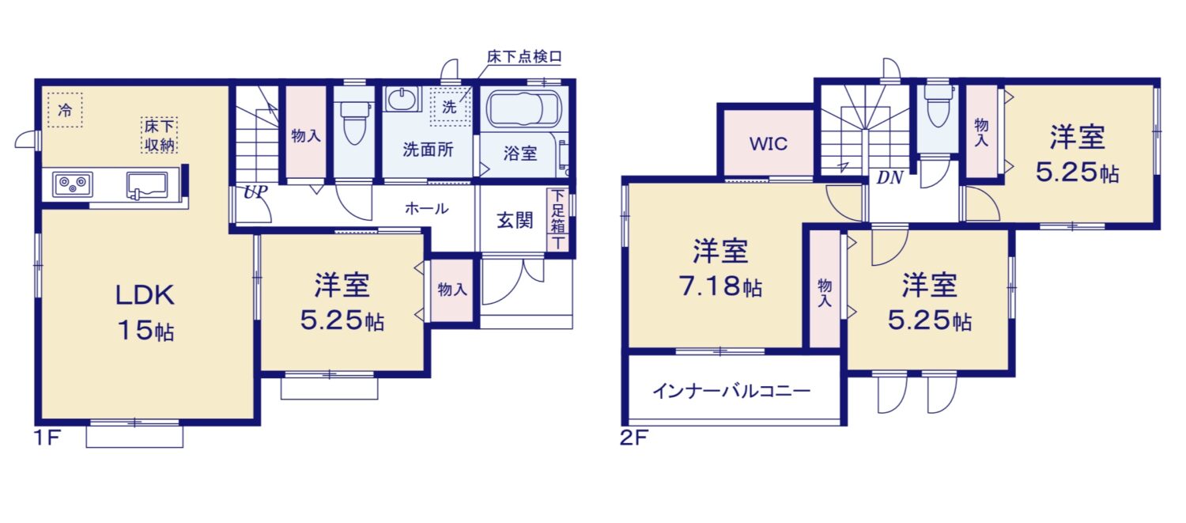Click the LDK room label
145,295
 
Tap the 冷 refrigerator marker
65,110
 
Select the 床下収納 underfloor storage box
159,135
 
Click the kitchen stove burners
73,184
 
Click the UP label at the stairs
255,191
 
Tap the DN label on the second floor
889,177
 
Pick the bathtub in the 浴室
523,109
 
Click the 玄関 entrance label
515,221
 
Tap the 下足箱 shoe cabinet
557,219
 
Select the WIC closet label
769,143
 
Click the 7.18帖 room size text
720,286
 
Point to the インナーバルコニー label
731,391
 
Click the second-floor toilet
938,105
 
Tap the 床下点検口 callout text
524,57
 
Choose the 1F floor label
47,438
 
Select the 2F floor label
634,438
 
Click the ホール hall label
427,208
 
